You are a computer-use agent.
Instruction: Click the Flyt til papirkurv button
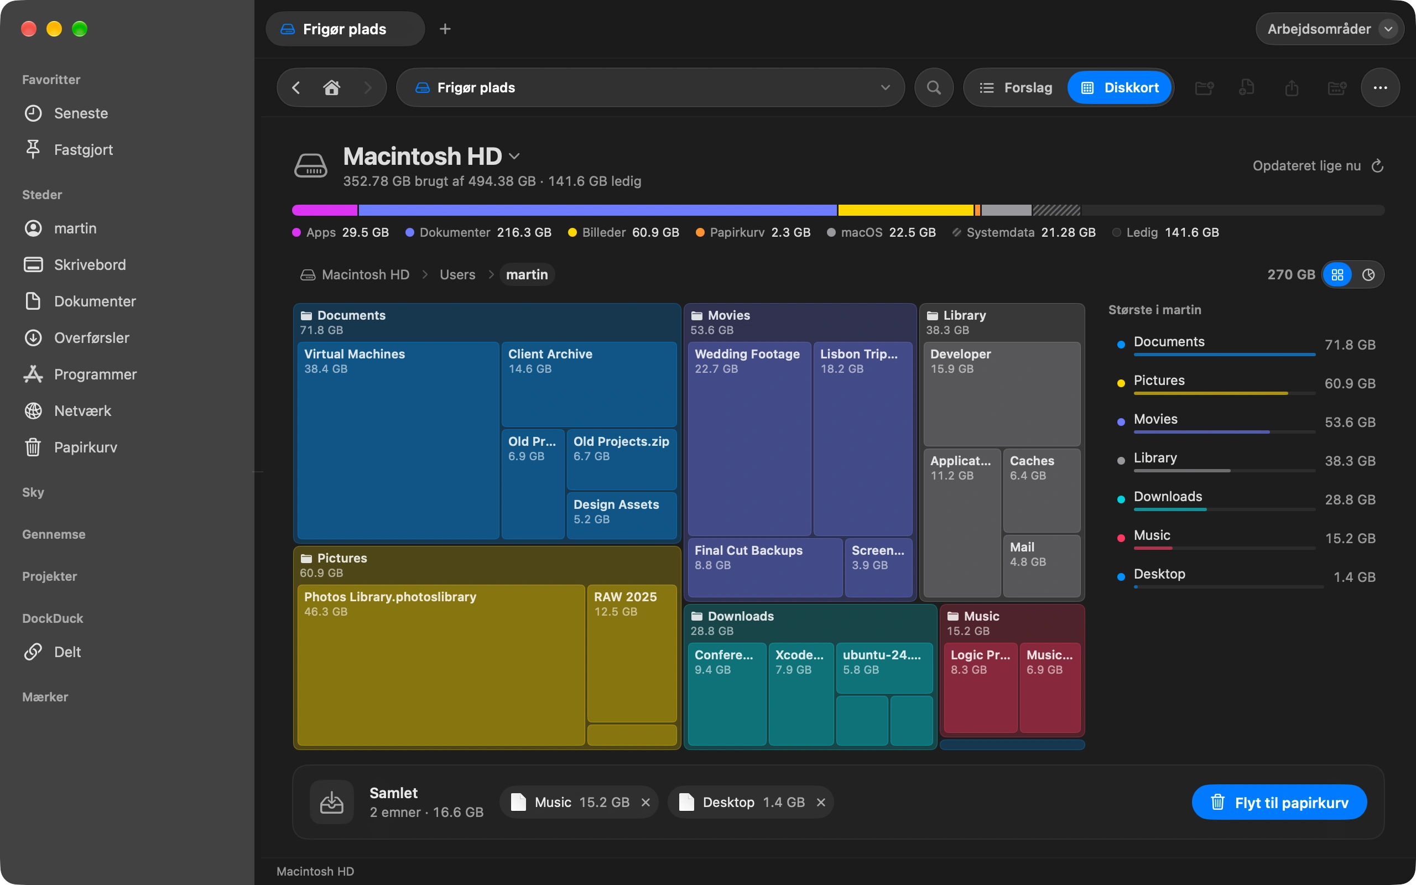tap(1279, 802)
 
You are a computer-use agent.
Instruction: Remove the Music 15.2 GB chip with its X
tap(645, 802)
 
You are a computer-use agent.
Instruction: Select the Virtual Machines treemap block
tap(398, 440)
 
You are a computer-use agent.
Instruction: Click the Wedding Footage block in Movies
tap(749, 439)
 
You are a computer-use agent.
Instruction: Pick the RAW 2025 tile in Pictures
tap(632, 653)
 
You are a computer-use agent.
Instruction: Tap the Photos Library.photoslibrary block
tap(441, 665)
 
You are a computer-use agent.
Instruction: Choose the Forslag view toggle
tap(1016, 88)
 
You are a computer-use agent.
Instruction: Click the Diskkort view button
tap(1120, 88)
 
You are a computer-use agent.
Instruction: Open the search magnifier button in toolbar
tap(934, 88)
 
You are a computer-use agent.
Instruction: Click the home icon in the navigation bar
tap(332, 88)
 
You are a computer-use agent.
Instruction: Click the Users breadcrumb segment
tap(457, 274)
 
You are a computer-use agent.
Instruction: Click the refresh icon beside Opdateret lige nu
tap(1377, 166)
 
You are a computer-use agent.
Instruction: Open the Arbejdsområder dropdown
tap(1329, 29)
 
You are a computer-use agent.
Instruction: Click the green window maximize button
tap(80, 29)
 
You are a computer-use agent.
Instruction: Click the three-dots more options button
tap(1380, 88)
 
